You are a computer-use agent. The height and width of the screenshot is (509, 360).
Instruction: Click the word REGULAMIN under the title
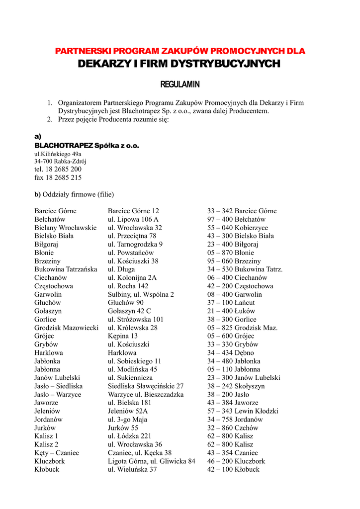click(x=180, y=85)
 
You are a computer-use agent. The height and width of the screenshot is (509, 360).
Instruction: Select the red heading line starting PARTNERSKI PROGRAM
click(x=180, y=51)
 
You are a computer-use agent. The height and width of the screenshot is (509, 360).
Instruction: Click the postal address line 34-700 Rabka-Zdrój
click(x=60, y=161)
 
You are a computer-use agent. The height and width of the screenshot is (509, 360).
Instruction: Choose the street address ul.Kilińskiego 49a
click(x=58, y=154)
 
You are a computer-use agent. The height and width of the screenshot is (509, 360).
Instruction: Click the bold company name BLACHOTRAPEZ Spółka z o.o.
click(x=87, y=146)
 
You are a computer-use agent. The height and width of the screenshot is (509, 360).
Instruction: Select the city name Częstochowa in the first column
click(x=54, y=286)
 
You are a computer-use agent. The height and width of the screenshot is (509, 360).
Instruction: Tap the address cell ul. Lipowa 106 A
click(x=133, y=219)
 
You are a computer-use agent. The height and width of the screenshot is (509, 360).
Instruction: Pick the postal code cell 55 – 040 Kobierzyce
click(x=238, y=228)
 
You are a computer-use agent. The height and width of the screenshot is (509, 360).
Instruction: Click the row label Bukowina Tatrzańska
click(x=66, y=269)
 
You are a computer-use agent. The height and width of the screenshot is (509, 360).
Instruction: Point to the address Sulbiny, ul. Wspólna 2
click(x=141, y=295)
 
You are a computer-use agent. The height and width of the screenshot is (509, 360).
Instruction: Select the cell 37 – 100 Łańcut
click(x=231, y=303)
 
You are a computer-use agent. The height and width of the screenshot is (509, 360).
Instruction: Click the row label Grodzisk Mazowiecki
click(x=66, y=328)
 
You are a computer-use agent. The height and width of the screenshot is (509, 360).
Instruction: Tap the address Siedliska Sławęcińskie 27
click(x=146, y=386)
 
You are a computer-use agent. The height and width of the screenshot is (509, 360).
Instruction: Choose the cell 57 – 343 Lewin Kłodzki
click(x=243, y=411)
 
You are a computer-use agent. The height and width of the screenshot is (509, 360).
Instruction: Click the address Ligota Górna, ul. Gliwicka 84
click(x=152, y=461)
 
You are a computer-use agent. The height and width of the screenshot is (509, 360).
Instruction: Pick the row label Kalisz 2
click(x=46, y=444)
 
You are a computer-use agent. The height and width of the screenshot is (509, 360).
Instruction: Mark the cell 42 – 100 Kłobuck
click(x=233, y=469)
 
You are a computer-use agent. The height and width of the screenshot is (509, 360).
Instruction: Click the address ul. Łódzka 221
click(x=129, y=436)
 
